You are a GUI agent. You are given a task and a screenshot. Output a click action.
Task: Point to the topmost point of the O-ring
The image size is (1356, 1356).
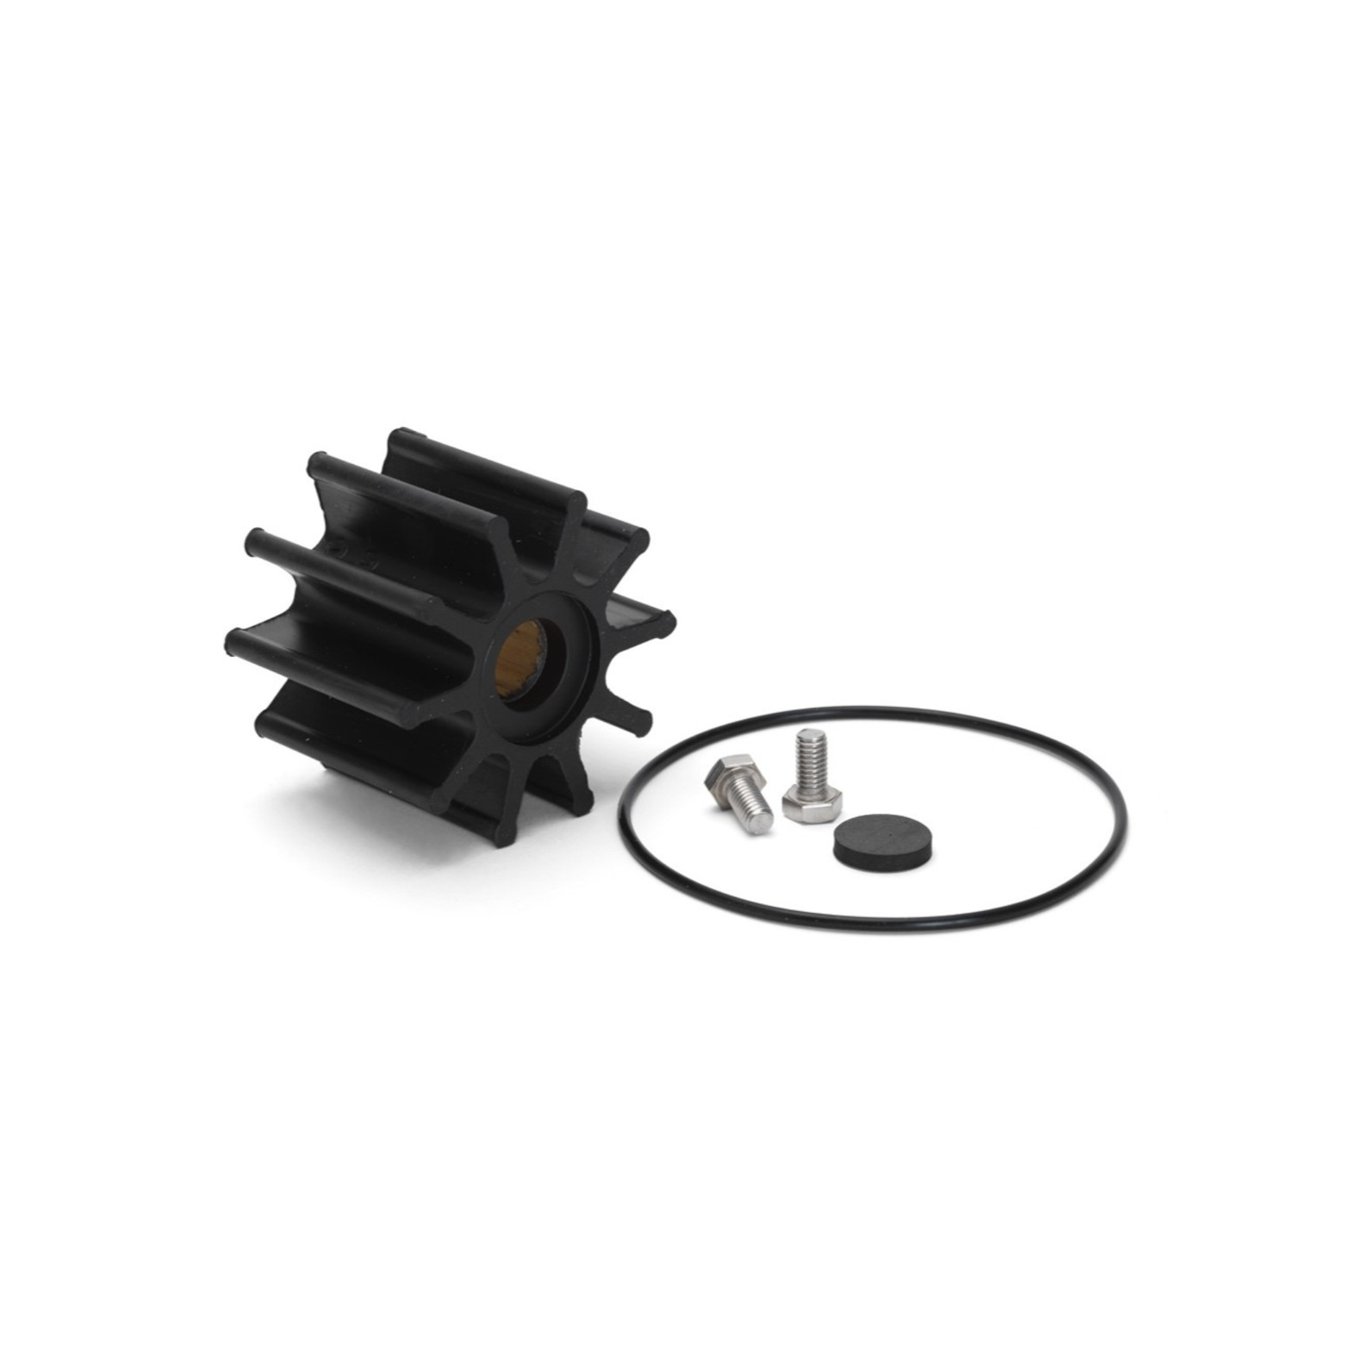coord(870,710)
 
